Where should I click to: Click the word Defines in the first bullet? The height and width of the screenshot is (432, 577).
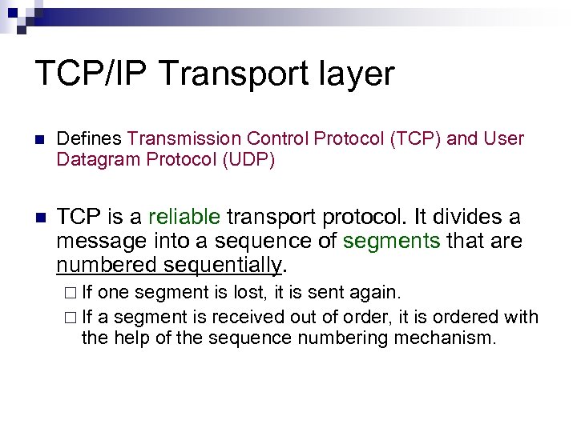89,139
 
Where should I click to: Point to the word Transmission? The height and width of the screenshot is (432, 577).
176,139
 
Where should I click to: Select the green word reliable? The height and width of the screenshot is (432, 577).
184,217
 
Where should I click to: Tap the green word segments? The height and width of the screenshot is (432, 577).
392,240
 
